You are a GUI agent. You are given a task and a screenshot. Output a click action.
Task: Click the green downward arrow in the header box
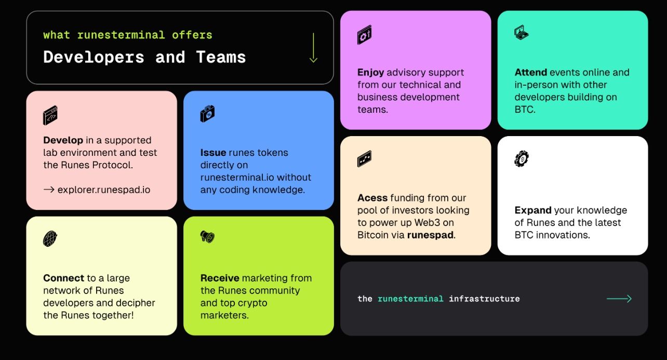point(313,48)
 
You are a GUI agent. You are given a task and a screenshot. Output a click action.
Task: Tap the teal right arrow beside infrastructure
point(619,299)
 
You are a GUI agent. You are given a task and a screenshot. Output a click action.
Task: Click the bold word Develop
point(63,140)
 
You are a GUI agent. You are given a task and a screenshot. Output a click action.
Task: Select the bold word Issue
point(213,153)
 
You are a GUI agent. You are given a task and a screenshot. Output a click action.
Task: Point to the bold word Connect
point(63,278)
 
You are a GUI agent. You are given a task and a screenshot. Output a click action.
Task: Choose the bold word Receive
point(220,278)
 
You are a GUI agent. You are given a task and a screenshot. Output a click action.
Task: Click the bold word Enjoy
point(370,73)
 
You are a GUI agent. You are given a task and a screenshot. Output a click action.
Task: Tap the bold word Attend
point(530,73)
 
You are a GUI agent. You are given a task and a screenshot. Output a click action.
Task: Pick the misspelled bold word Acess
point(372,198)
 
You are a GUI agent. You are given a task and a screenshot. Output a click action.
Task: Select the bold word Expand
point(533,210)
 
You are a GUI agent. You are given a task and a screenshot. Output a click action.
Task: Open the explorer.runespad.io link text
point(103,190)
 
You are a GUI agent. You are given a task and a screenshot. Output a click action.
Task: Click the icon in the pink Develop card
point(50,115)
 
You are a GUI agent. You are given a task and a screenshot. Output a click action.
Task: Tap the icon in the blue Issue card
point(207,114)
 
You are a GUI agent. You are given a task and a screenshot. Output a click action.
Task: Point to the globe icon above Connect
point(50,239)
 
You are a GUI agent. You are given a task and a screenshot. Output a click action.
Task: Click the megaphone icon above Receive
point(207,237)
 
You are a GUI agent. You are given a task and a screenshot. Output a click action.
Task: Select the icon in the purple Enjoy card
point(365,35)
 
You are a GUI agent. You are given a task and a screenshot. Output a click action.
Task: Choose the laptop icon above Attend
point(521,33)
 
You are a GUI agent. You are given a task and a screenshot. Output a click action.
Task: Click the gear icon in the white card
point(521,158)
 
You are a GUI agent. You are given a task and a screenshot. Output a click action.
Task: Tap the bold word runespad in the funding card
point(430,235)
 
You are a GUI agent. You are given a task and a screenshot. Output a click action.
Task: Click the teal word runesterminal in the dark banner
point(410,299)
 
